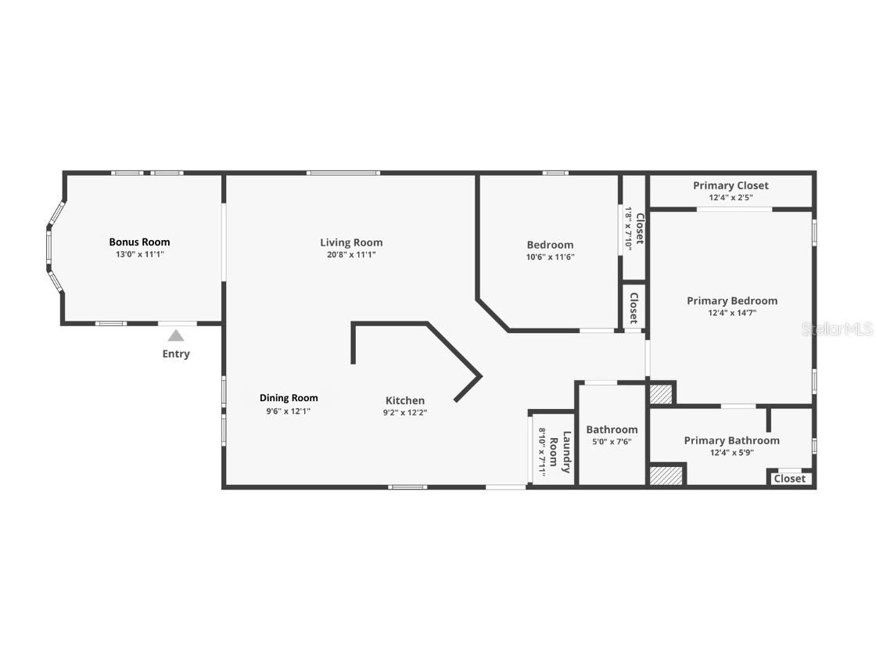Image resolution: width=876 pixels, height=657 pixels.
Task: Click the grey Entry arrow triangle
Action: click(176, 336)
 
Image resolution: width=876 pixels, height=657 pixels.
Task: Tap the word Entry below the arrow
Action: click(176, 354)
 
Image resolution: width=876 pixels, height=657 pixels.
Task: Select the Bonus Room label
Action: click(139, 242)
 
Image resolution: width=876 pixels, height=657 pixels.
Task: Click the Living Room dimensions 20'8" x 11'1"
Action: click(351, 254)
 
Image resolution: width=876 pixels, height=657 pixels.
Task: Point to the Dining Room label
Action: click(289, 398)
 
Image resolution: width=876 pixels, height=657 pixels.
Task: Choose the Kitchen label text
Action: click(405, 400)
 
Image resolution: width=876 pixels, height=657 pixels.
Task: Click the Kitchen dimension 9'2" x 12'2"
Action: click(405, 412)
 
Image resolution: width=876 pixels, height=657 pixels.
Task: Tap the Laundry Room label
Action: click(560, 453)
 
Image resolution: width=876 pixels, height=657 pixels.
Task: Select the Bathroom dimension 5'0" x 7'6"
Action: click(612, 441)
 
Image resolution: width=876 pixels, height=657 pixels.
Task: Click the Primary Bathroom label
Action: click(731, 440)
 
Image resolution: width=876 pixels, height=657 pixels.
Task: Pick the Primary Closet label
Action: click(731, 185)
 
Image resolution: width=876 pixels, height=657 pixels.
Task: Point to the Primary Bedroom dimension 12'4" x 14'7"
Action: click(732, 313)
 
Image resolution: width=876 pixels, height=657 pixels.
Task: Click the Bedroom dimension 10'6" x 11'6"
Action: click(550, 257)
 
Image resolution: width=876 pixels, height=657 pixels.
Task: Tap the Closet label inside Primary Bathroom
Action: click(789, 479)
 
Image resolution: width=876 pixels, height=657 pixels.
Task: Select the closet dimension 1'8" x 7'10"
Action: click(628, 228)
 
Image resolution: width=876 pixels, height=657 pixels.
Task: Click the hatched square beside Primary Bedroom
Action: click(661, 393)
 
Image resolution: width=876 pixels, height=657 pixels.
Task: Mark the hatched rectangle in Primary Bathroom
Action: click(666, 476)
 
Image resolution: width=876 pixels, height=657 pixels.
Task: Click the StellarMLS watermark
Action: click(836, 329)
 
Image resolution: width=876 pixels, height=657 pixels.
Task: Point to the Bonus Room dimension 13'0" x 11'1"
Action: click(139, 254)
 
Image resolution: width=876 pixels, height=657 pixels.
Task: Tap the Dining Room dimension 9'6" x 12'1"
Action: click(289, 411)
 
